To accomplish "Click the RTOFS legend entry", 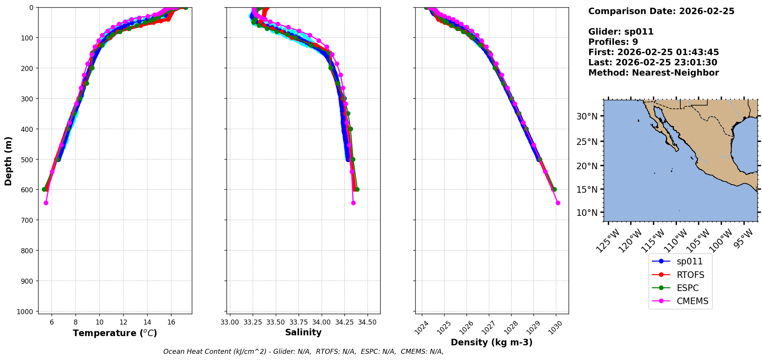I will point(690,275).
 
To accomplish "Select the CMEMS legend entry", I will point(692,301).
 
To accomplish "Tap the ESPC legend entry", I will point(687,288).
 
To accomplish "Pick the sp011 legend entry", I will point(689,261).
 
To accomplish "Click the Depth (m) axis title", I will point(8,161).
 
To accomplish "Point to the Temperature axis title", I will point(115,333).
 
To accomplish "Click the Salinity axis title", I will point(303,332).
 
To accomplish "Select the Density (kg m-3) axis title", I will point(492,342).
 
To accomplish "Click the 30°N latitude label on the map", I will point(587,116).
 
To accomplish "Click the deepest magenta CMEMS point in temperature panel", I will point(46,203).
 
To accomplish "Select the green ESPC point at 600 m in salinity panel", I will point(357,189).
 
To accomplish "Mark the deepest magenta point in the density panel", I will point(558,203).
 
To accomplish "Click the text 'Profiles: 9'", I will point(613,42).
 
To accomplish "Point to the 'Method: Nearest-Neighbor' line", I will point(653,73).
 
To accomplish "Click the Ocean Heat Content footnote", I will point(303,352).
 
